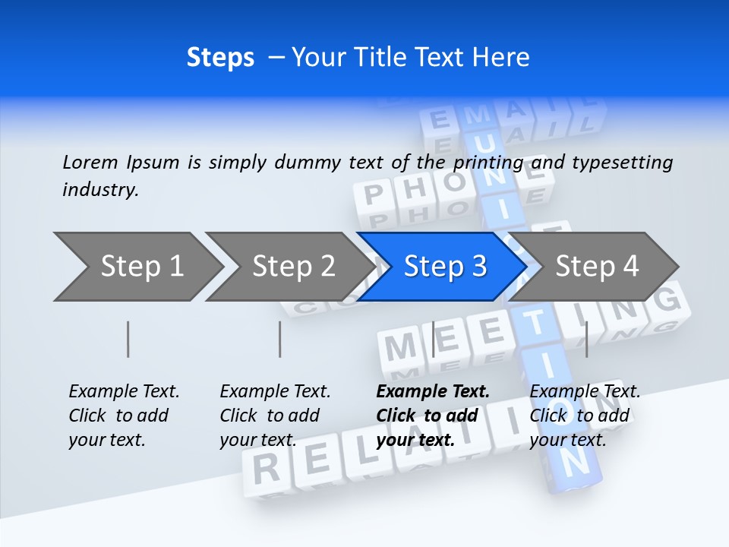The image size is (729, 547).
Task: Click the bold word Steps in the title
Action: tap(220, 58)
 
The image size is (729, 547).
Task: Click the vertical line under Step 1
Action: tap(128, 339)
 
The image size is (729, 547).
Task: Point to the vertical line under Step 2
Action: tap(280, 339)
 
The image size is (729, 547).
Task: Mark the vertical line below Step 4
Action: tap(587, 339)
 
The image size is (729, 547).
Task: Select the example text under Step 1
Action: tap(124, 416)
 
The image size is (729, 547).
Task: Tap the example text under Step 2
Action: tap(275, 416)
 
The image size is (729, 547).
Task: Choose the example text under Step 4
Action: tap(585, 416)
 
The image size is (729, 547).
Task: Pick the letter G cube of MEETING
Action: tap(667, 301)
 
